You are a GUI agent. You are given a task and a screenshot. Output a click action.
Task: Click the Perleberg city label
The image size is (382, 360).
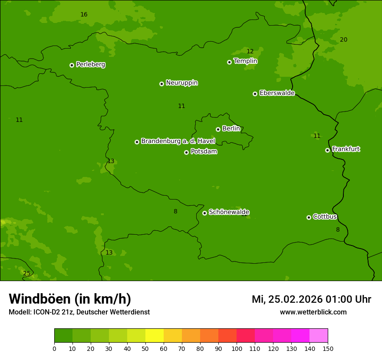[x=90, y=65]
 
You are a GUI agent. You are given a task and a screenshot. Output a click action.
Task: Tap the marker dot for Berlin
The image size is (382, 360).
[x=218, y=129]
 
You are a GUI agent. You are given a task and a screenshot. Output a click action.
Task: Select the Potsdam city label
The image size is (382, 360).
[x=204, y=152]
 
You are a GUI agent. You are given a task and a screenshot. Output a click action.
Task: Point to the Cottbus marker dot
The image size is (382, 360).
[x=309, y=217]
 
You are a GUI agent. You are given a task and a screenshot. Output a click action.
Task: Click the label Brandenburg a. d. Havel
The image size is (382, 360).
[x=178, y=141]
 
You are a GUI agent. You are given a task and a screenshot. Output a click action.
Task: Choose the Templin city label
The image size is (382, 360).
[x=245, y=61]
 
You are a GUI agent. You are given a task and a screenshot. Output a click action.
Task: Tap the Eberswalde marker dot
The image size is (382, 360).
[x=255, y=94]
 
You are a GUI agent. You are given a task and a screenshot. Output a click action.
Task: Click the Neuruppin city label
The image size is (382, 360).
[x=181, y=83]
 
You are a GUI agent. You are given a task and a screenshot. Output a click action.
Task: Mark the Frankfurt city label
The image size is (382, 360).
[x=346, y=149]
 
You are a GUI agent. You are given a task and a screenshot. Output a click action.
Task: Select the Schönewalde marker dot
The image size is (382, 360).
[x=204, y=213]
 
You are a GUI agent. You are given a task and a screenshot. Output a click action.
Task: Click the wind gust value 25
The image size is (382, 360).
[x=27, y=274]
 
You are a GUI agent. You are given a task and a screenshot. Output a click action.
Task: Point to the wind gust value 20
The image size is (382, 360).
[x=343, y=40]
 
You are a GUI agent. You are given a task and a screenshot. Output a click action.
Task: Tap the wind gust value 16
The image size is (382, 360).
[x=84, y=15]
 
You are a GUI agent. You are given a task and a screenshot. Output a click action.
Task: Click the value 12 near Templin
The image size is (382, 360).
[x=250, y=52]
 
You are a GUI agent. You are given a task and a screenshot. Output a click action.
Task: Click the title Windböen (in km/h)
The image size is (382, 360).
[x=70, y=299]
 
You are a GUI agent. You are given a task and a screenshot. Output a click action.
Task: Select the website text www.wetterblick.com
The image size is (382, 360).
[x=313, y=312]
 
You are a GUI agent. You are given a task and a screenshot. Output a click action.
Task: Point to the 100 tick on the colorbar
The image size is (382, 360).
[x=237, y=348]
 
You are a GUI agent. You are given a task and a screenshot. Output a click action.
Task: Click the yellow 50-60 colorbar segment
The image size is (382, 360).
[x=154, y=336]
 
